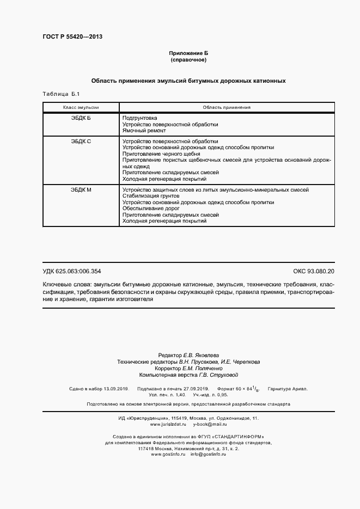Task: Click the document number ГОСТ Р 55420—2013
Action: pos(72,37)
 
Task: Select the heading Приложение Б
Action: pos(188,53)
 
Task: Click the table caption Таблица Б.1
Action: pos(61,94)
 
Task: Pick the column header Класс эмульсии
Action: pos(81,107)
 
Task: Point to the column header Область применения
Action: pos(226,107)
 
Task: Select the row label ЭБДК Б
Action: pos(81,118)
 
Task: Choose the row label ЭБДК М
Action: pos(81,189)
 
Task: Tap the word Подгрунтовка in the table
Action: pos(140,118)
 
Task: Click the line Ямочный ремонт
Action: pos(144,131)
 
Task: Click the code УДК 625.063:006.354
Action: pos(72,271)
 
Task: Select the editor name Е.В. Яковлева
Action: pos(203,355)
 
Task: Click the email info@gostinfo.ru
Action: pos(208,439)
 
